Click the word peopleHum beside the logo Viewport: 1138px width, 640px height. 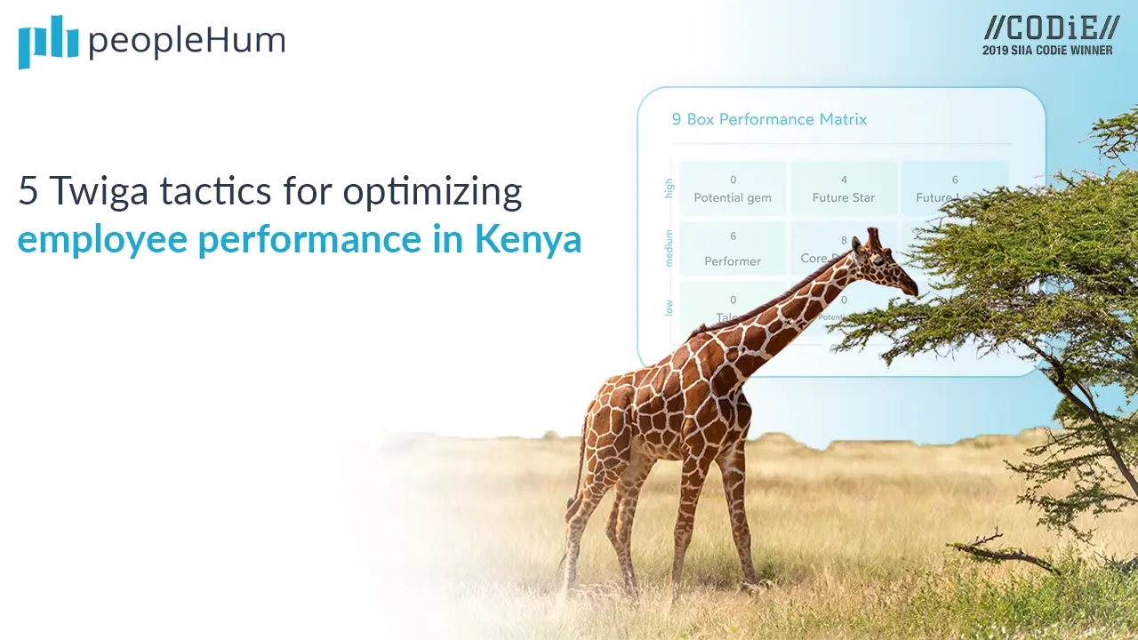186,41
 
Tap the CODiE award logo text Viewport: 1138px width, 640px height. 1046,28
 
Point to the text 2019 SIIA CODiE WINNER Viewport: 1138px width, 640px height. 1047,51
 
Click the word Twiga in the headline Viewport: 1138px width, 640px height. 90,192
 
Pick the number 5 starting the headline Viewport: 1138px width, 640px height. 27,192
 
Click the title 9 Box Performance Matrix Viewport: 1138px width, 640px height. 769,119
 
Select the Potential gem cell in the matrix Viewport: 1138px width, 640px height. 733,188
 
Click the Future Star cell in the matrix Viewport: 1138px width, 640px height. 844,188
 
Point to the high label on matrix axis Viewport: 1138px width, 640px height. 669,188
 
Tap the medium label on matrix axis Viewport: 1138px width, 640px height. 669,248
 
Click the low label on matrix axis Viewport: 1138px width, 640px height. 669,307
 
